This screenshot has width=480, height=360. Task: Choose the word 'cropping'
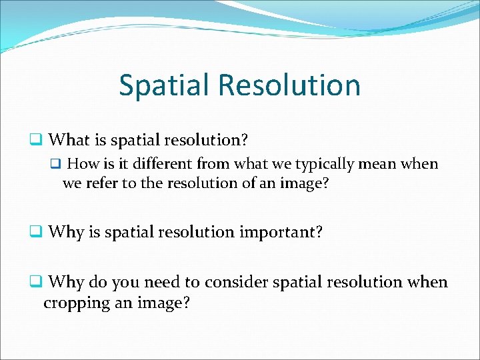tap(73, 302)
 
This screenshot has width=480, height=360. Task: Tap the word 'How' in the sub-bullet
tap(83, 164)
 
